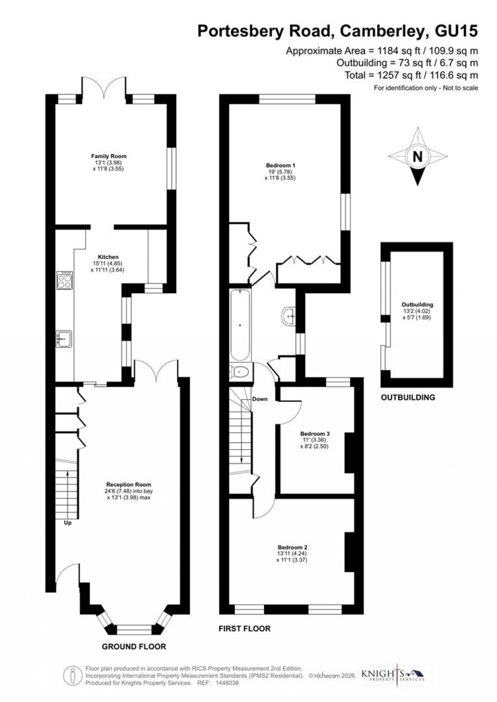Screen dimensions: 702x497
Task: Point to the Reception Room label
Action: tap(129, 485)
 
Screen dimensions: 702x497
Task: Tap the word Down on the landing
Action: tap(260, 399)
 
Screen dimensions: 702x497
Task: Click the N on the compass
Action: tap(417, 156)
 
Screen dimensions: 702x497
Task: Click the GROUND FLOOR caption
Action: tap(134, 647)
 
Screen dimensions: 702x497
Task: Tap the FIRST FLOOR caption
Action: tap(244, 628)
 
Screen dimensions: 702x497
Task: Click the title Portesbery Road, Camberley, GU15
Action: tap(337, 31)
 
